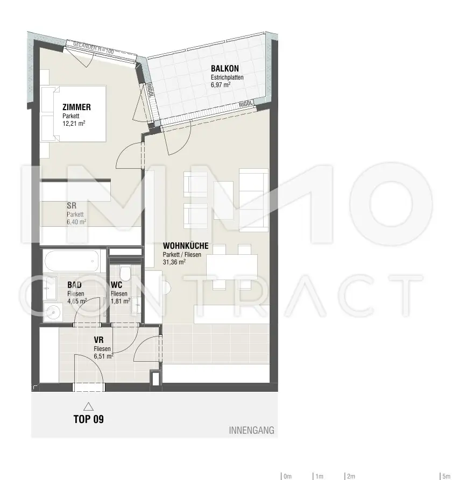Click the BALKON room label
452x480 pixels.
click(225, 68)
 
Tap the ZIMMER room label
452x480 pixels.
click(76, 108)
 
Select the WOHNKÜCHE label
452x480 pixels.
click(186, 246)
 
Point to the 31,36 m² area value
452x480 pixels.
click(174, 262)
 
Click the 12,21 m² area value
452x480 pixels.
click(74, 123)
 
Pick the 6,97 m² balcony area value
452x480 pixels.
click(221, 85)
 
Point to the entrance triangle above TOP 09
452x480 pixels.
click(88, 406)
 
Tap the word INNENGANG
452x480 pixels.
click(252, 431)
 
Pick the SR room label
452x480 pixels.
click(71, 205)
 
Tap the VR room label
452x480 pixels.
click(98, 340)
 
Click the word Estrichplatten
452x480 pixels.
click(227, 77)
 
